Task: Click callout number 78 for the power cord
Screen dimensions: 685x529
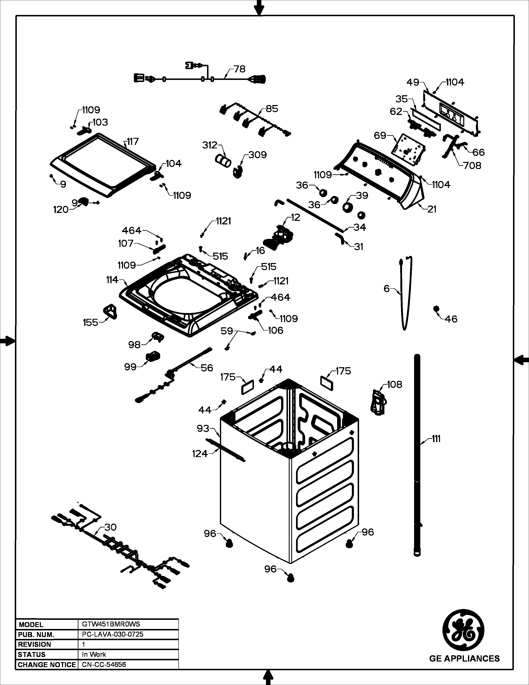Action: point(240,69)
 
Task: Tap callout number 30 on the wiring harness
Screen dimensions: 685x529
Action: point(110,527)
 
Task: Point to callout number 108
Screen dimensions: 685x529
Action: point(395,384)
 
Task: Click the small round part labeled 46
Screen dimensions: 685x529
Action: point(436,309)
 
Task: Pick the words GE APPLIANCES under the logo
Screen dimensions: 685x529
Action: point(464,659)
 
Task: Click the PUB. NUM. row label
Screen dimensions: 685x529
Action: point(36,635)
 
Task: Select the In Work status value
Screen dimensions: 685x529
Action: point(94,654)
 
